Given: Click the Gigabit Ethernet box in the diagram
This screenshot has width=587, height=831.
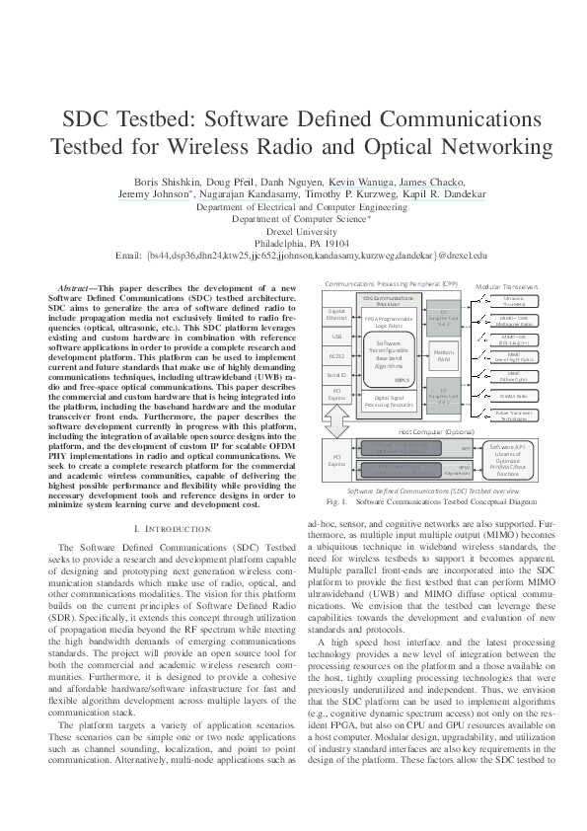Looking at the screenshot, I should [335, 315].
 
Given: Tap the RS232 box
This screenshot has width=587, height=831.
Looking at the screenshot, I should [335, 356].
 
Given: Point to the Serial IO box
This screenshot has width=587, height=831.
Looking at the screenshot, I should [335, 376].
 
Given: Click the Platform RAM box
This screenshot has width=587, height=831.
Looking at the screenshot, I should [444, 355].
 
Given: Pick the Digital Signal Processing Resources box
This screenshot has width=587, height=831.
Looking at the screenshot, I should [390, 401].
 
